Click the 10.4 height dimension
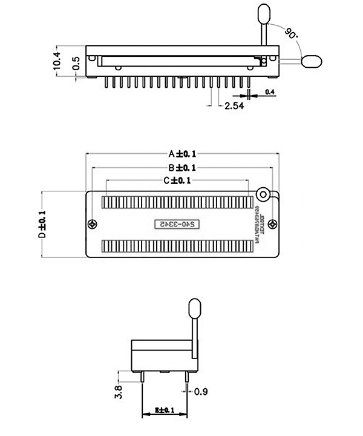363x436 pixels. point(57,61)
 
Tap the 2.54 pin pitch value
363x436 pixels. point(234,106)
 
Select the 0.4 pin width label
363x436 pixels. point(270,92)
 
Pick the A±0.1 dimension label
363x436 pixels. point(181,153)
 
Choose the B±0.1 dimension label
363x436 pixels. point(181,167)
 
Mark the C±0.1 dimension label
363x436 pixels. point(177,180)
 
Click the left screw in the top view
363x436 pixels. point(93,224)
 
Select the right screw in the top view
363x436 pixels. point(273,224)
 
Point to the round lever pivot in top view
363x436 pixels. point(263,194)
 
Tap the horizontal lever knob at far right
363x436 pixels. point(310,61)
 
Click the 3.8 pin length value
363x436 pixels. point(118,391)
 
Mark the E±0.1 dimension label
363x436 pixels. point(164,411)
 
